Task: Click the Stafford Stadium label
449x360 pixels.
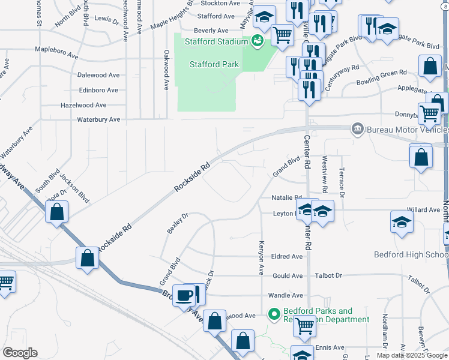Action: click(x=216, y=41)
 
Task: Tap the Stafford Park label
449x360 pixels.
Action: click(x=214, y=64)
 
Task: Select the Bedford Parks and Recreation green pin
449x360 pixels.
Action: click(x=274, y=314)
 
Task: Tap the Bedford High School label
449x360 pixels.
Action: click(x=411, y=254)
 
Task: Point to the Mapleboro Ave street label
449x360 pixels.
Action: click(x=57, y=55)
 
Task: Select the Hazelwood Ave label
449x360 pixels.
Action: click(x=83, y=105)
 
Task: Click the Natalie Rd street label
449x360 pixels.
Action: click(x=286, y=197)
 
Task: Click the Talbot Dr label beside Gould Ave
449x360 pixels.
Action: click(x=330, y=275)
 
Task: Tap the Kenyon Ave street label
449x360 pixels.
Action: click(x=261, y=258)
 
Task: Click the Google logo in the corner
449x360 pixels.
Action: click(x=20, y=352)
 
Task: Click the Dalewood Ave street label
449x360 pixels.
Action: click(x=98, y=75)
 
